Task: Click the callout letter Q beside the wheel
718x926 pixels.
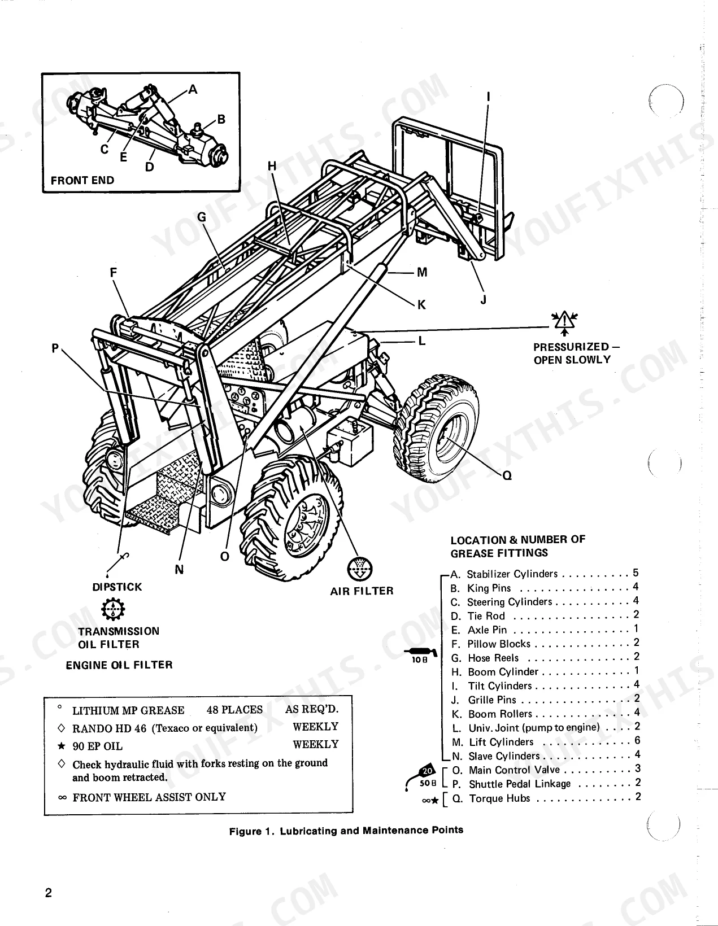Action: [x=507, y=475]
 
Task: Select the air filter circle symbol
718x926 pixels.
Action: [x=360, y=569]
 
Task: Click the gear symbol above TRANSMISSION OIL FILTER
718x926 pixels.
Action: [x=113, y=609]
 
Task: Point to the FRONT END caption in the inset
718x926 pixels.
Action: [x=82, y=180]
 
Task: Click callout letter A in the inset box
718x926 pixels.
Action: [x=193, y=89]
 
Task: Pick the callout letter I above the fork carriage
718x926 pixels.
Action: [x=489, y=97]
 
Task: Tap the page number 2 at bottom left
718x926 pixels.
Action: [x=49, y=893]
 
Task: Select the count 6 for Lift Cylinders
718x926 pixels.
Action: [x=637, y=740]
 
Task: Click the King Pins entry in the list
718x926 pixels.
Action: [x=481, y=588]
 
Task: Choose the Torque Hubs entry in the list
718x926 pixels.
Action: [x=491, y=798]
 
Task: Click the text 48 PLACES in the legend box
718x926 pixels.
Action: [x=234, y=710]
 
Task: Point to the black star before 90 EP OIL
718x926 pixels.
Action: [x=62, y=746]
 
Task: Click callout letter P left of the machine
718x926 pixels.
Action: [x=55, y=348]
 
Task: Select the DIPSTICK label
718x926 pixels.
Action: [x=118, y=587]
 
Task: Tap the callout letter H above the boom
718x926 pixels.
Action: [x=272, y=166]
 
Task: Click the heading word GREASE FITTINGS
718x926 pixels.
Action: [x=499, y=553]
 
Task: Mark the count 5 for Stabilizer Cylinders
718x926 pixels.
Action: [x=636, y=573]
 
